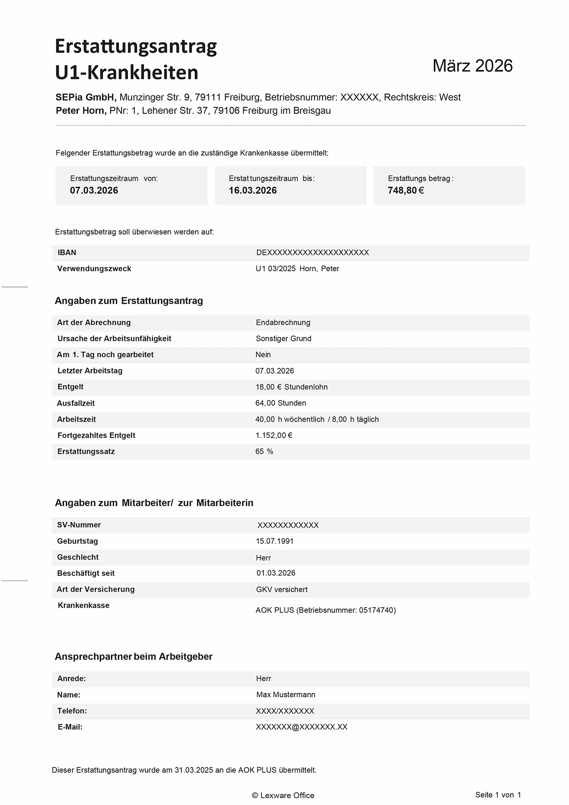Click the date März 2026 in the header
tap(472, 66)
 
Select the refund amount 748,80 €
tap(406, 190)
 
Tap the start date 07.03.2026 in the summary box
tap(94, 190)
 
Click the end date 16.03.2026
tap(253, 190)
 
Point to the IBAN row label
tap(67, 252)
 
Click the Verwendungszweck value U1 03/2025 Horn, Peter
tap(297, 268)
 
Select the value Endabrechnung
tap(283, 323)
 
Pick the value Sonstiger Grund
tap(284, 339)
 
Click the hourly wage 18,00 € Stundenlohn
tap(291, 387)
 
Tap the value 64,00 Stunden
tap(281, 403)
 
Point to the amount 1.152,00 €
tap(274, 435)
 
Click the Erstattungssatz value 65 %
tap(264, 452)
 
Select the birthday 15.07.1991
tap(275, 541)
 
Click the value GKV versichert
tap(282, 589)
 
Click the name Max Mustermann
tap(286, 695)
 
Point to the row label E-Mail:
tap(70, 727)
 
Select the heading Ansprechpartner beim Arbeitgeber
tap(134, 657)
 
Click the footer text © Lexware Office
tap(283, 795)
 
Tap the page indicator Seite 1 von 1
tap(498, 795)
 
